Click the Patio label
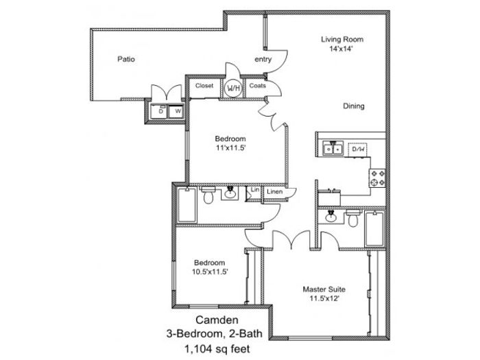click(x=126, y=59)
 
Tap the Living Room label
click(x=342, y=39)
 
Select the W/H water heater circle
click(x=233, y=88)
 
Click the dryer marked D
click(x=160, y=112)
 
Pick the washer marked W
click(x=177, y=112)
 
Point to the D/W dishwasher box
click(x=358, y=149)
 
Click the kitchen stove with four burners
click(x=377, y=178)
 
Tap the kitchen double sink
click(x=333, y=149)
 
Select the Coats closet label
click(x=257, y=86)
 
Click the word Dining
click(x=354, y=106)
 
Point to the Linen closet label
click(x=274, y=192)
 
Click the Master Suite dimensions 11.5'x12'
click(x=324, y=298)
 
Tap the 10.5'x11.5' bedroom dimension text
click(x=210, y=272)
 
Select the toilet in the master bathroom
click(x=353, y=218)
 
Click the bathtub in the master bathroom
click(x=374, y=228)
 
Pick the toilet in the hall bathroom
click(x=208, y=195)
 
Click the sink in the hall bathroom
click(x=230, y=193)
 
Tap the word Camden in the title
click(x=217, y=320)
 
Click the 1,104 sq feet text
click(x=217, y=348)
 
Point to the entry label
click(x=263, y=60)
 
